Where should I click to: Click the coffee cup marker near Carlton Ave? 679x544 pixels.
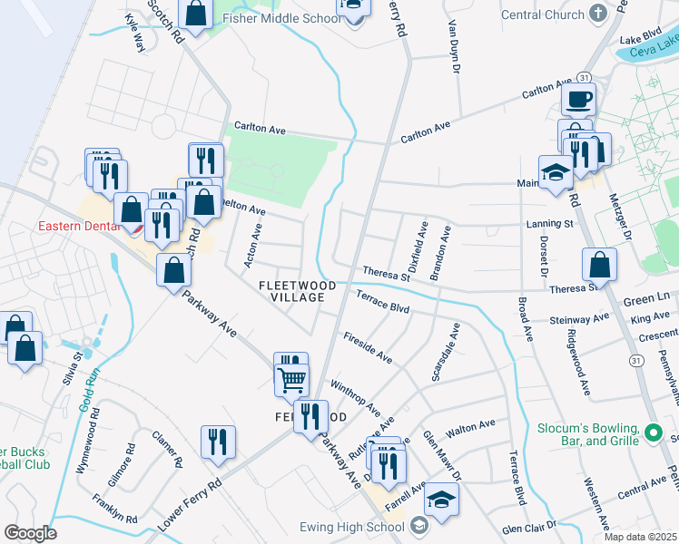click(x=578, y=99)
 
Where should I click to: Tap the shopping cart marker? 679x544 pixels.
click(x=291, y=379)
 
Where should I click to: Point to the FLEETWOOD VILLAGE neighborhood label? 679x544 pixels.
click(x=297, y=291)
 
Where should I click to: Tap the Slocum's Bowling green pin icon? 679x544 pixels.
click(x=653, y=432)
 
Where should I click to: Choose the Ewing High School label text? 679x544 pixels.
click(x=352, y=527)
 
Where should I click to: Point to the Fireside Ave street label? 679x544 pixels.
click(x=367, y=348)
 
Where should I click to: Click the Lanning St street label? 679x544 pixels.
click(x=549, y=223)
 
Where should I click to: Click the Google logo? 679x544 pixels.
click(x=29, y=532)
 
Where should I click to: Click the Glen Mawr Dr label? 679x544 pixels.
click(x=442, y=457)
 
